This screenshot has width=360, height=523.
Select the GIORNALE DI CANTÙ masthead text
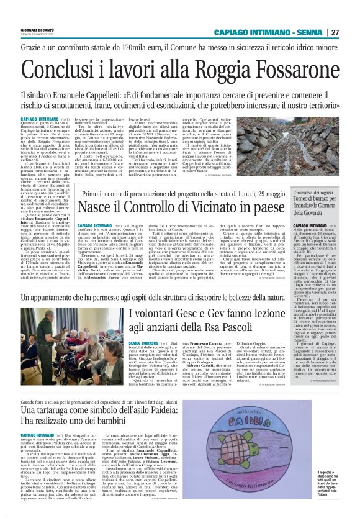(38, 30)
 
